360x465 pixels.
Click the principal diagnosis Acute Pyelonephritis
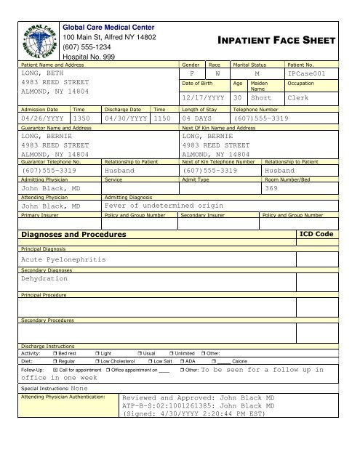click(64, 259)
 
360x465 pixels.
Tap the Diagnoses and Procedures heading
click(73, 235)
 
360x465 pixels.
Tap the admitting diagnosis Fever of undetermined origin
click(164, 206)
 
